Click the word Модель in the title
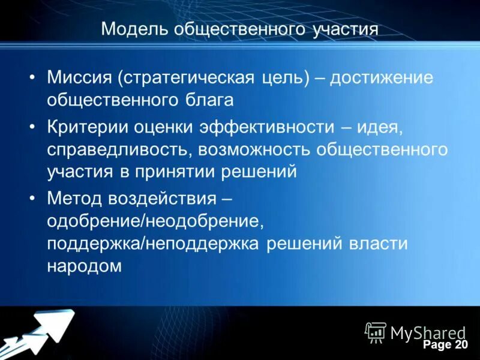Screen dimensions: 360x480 click(133, 29)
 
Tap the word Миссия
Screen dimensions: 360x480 click(79, 77)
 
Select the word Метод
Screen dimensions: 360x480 click(74, 198)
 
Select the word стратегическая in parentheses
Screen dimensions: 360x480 click(186, 77)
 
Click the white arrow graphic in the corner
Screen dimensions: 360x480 click(42, 333)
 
